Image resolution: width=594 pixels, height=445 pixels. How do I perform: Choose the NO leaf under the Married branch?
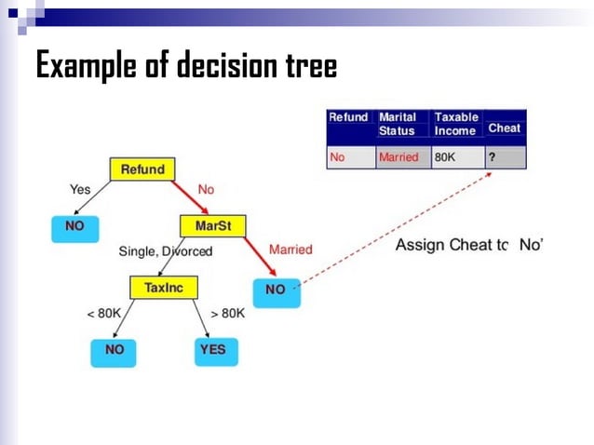276,290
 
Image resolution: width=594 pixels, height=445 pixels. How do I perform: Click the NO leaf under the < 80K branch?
115,350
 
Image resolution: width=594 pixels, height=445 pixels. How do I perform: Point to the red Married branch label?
290,250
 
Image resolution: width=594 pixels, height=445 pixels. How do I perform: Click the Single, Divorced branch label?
166,251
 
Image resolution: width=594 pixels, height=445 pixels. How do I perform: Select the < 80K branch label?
103,314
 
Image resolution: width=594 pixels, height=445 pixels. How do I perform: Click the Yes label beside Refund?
80,189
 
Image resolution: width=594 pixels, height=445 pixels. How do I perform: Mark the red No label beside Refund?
206,189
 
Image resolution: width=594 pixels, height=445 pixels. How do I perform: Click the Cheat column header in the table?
505,128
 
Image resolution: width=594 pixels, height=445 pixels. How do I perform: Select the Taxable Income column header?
456,124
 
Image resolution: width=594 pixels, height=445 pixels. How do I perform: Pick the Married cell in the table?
398,157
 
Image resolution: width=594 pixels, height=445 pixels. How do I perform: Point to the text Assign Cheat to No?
468,245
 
